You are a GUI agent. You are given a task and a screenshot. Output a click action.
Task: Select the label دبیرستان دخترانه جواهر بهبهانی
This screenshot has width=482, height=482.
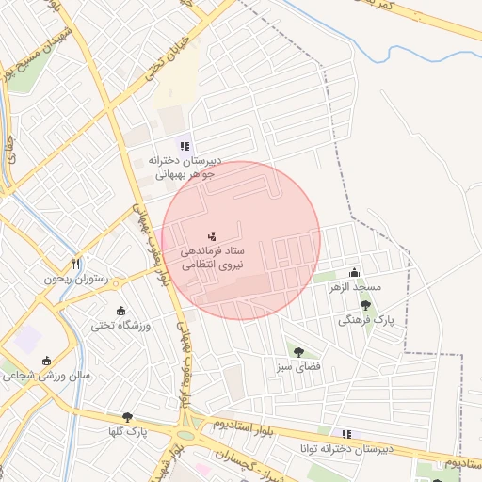[185, 167]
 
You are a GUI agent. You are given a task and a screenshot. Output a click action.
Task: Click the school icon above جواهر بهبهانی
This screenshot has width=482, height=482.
[185, 146]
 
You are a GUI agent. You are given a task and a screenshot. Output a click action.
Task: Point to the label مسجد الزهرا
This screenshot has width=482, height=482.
[355, 286]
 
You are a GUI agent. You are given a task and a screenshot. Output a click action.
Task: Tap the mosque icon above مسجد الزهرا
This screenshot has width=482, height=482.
[354, 271]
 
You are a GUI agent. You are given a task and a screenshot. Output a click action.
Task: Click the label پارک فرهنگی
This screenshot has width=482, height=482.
[364, 320]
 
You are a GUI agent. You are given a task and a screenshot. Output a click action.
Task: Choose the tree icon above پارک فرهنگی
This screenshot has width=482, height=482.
[365, 305]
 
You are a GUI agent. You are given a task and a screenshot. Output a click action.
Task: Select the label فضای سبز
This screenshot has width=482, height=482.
[298, 365]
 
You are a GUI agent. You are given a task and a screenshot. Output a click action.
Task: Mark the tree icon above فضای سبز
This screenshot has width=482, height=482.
[298, 351]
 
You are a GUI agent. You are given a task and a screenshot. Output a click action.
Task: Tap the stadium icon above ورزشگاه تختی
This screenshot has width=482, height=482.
[120, 311]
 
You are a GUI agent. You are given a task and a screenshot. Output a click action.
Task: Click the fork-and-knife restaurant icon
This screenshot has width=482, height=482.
[76, 264]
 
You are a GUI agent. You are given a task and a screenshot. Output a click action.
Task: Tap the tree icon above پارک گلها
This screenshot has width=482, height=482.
[127, 417]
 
